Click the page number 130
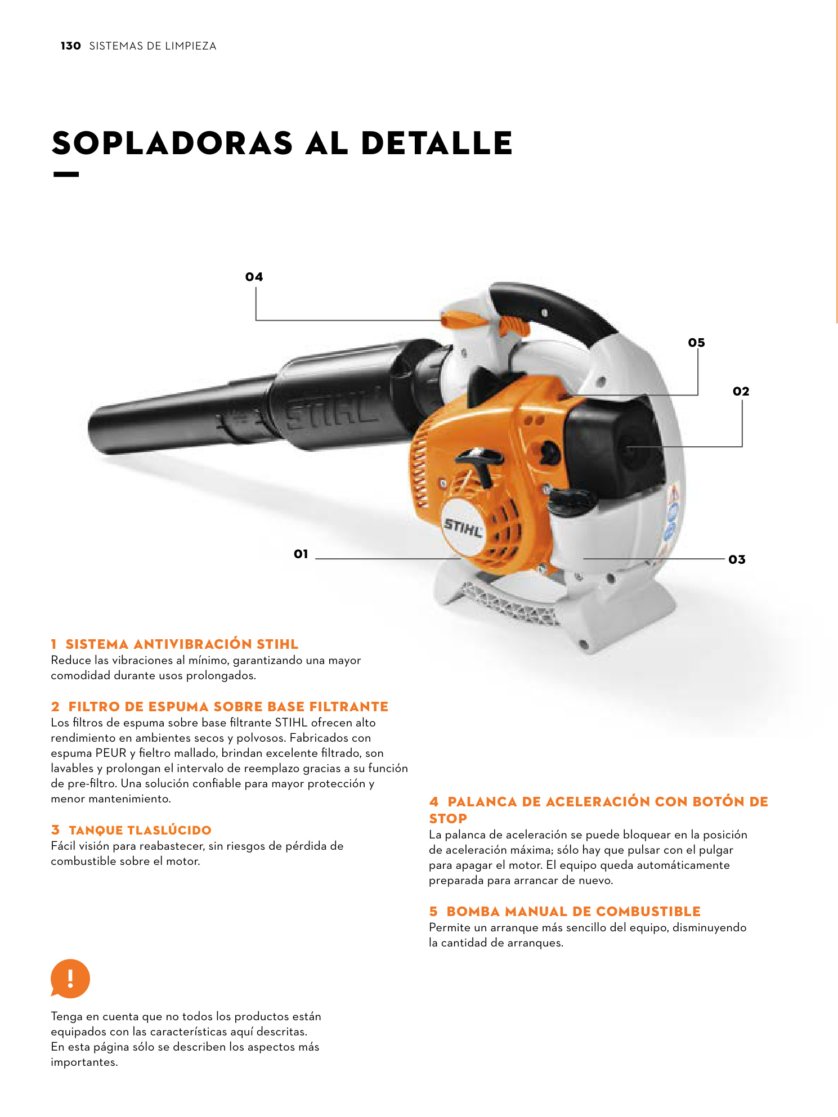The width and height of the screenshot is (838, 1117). [x=70, y=46]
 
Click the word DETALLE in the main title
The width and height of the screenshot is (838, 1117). [x=436, y=143]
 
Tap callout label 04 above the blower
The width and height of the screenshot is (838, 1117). [x=254, y=277]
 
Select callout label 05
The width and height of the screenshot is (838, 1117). [x=696, y=343]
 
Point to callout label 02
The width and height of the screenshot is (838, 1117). [x=741, y=392]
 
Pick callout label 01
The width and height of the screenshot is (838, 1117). [x=301, y=554]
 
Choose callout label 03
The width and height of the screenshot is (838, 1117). [x=737, y=560]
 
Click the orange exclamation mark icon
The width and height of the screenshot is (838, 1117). [x=70, y=979]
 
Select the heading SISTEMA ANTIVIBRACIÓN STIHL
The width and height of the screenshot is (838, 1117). [x=182, y=644]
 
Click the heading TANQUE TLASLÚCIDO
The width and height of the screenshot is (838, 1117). [x=140, y=830]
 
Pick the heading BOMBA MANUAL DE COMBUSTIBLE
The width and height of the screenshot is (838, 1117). [x=573, y=912]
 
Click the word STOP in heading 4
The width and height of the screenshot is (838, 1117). [x=448, y=819]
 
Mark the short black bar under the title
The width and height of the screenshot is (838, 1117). [x=66, y=174]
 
